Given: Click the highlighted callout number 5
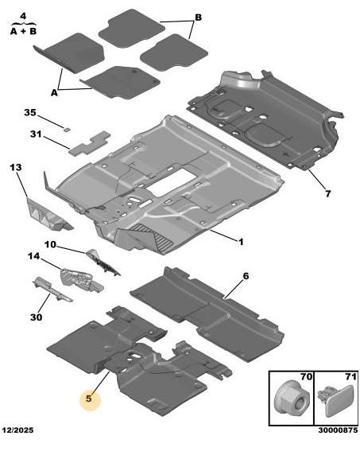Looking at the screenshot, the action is [89, 399].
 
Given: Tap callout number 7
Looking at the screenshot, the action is [328, 193].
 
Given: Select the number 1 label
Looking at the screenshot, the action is [241, 242].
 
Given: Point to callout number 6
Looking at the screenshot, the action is [246, 276].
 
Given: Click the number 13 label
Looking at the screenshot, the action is [16, 167].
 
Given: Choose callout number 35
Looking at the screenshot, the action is [30, 112].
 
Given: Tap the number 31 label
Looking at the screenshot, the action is [36, 134].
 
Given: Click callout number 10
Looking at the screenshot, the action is [50, 244].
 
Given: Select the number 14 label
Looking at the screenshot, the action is [33, 256].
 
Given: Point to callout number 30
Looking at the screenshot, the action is [37, 317].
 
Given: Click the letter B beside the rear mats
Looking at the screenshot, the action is [198, 17].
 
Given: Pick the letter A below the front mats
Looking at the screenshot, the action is [54, 92].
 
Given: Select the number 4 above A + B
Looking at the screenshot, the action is [23, 16].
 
